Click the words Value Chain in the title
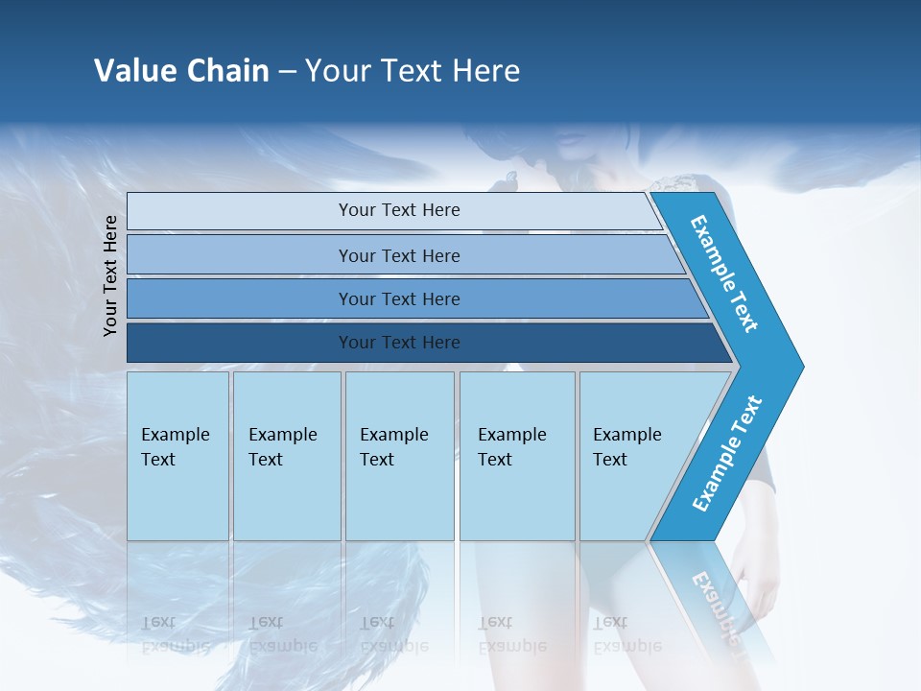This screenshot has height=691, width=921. (x=181, y=71)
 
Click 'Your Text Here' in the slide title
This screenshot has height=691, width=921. (x=413, y=71)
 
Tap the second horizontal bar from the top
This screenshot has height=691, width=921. (x=398, y=255)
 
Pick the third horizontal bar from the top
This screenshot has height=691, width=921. (x=398, y=298)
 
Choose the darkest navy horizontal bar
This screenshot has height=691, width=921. (x=398, y=343)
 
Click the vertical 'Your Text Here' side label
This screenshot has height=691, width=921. (x=110, y=275)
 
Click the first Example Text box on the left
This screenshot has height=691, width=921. (x=177, y=456)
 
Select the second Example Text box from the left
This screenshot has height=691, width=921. (x=287, y=456)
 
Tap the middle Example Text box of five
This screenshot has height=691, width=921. (x=399, y=456)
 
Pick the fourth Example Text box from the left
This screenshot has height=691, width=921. (x=517, y=456)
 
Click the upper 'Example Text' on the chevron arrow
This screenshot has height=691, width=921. (x=725, y=274)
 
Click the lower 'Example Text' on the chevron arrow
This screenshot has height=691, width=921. (x=727, y=453)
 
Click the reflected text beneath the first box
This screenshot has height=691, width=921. (x=176, y=633)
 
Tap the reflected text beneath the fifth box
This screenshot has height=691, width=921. (x=626, y=633)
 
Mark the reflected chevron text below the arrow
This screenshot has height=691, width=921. (x=718, y=609)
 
